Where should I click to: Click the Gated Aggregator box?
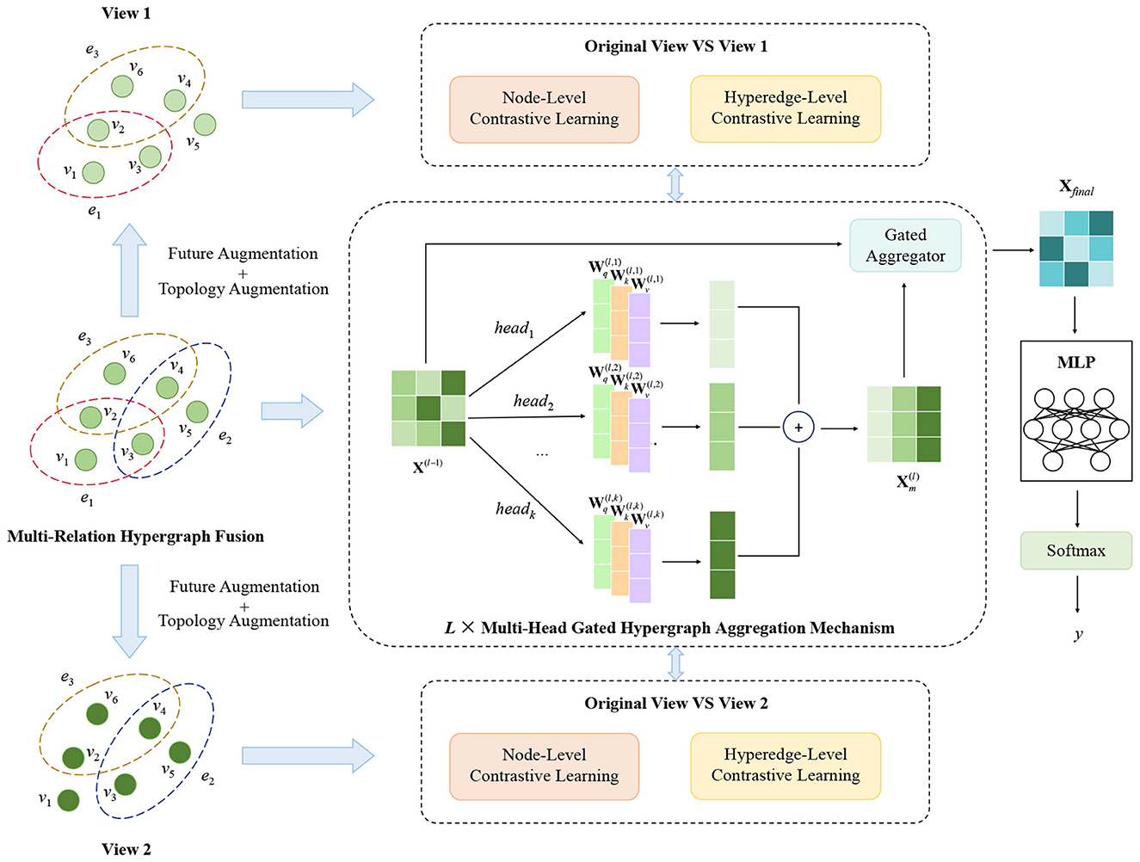coord(905,246)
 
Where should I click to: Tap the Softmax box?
coord(1075,551)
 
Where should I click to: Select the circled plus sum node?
coord(798,428)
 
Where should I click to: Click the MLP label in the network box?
coord(1075,362)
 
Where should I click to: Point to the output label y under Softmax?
coord(1077,634)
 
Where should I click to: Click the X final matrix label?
coord(1075,188)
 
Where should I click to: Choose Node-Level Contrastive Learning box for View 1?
coord(544,109)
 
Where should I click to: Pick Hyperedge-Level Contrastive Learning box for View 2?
coord(785,766)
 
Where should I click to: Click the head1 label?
coord(514,329)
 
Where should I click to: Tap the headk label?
coord(515,509)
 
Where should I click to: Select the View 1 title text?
coord(126,13)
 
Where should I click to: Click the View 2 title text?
coord(126,849)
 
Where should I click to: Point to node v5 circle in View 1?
coord(205,125)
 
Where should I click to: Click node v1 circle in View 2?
coord(69,800)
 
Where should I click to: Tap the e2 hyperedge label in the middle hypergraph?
coord(225,436)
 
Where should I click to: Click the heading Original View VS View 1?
coord(675,46)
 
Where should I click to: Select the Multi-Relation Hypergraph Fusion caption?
coord(135,537)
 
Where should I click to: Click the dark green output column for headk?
coord(722,555)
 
